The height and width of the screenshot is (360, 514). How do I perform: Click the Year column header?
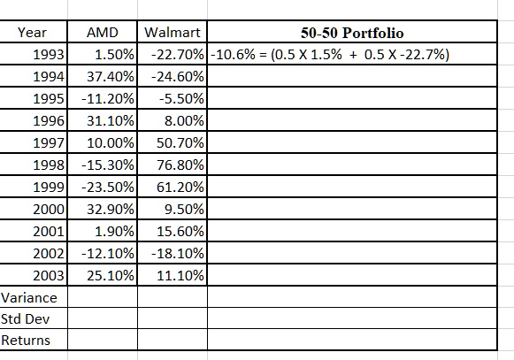coord(32,33)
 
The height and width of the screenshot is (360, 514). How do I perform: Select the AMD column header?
coord(103,33)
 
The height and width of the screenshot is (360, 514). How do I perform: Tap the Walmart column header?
coord(173,33)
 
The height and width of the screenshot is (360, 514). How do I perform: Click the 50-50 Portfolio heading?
coord(352,33)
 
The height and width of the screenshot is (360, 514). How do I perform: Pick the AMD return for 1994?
coord(111,77)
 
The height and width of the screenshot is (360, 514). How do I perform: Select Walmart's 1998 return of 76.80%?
coord(180,165)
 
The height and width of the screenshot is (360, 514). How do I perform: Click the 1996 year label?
coord(49,121)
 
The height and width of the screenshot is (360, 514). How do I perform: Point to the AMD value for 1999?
coord(108,188)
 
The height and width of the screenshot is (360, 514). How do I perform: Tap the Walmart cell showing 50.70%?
coord(180,143)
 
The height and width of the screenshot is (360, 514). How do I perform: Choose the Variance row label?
coord(29,298)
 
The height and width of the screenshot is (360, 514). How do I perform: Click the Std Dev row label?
coord(26,318)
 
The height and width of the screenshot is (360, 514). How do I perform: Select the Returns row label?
coord(26,341)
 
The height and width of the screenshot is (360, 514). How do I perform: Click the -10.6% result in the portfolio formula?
coord(233,55)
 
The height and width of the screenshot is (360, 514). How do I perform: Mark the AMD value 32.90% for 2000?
coord(111,209)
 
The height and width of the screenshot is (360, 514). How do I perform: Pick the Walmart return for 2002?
coord(178,254)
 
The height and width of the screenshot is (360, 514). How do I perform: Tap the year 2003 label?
coord(49,275)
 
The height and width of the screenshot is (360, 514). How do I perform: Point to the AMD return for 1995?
coord(108,99)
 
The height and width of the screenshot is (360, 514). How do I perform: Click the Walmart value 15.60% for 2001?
coord(180,232)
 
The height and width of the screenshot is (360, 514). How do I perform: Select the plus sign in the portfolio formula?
coord(353,55)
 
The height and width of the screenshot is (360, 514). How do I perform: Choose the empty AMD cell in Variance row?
coord(103,297)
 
